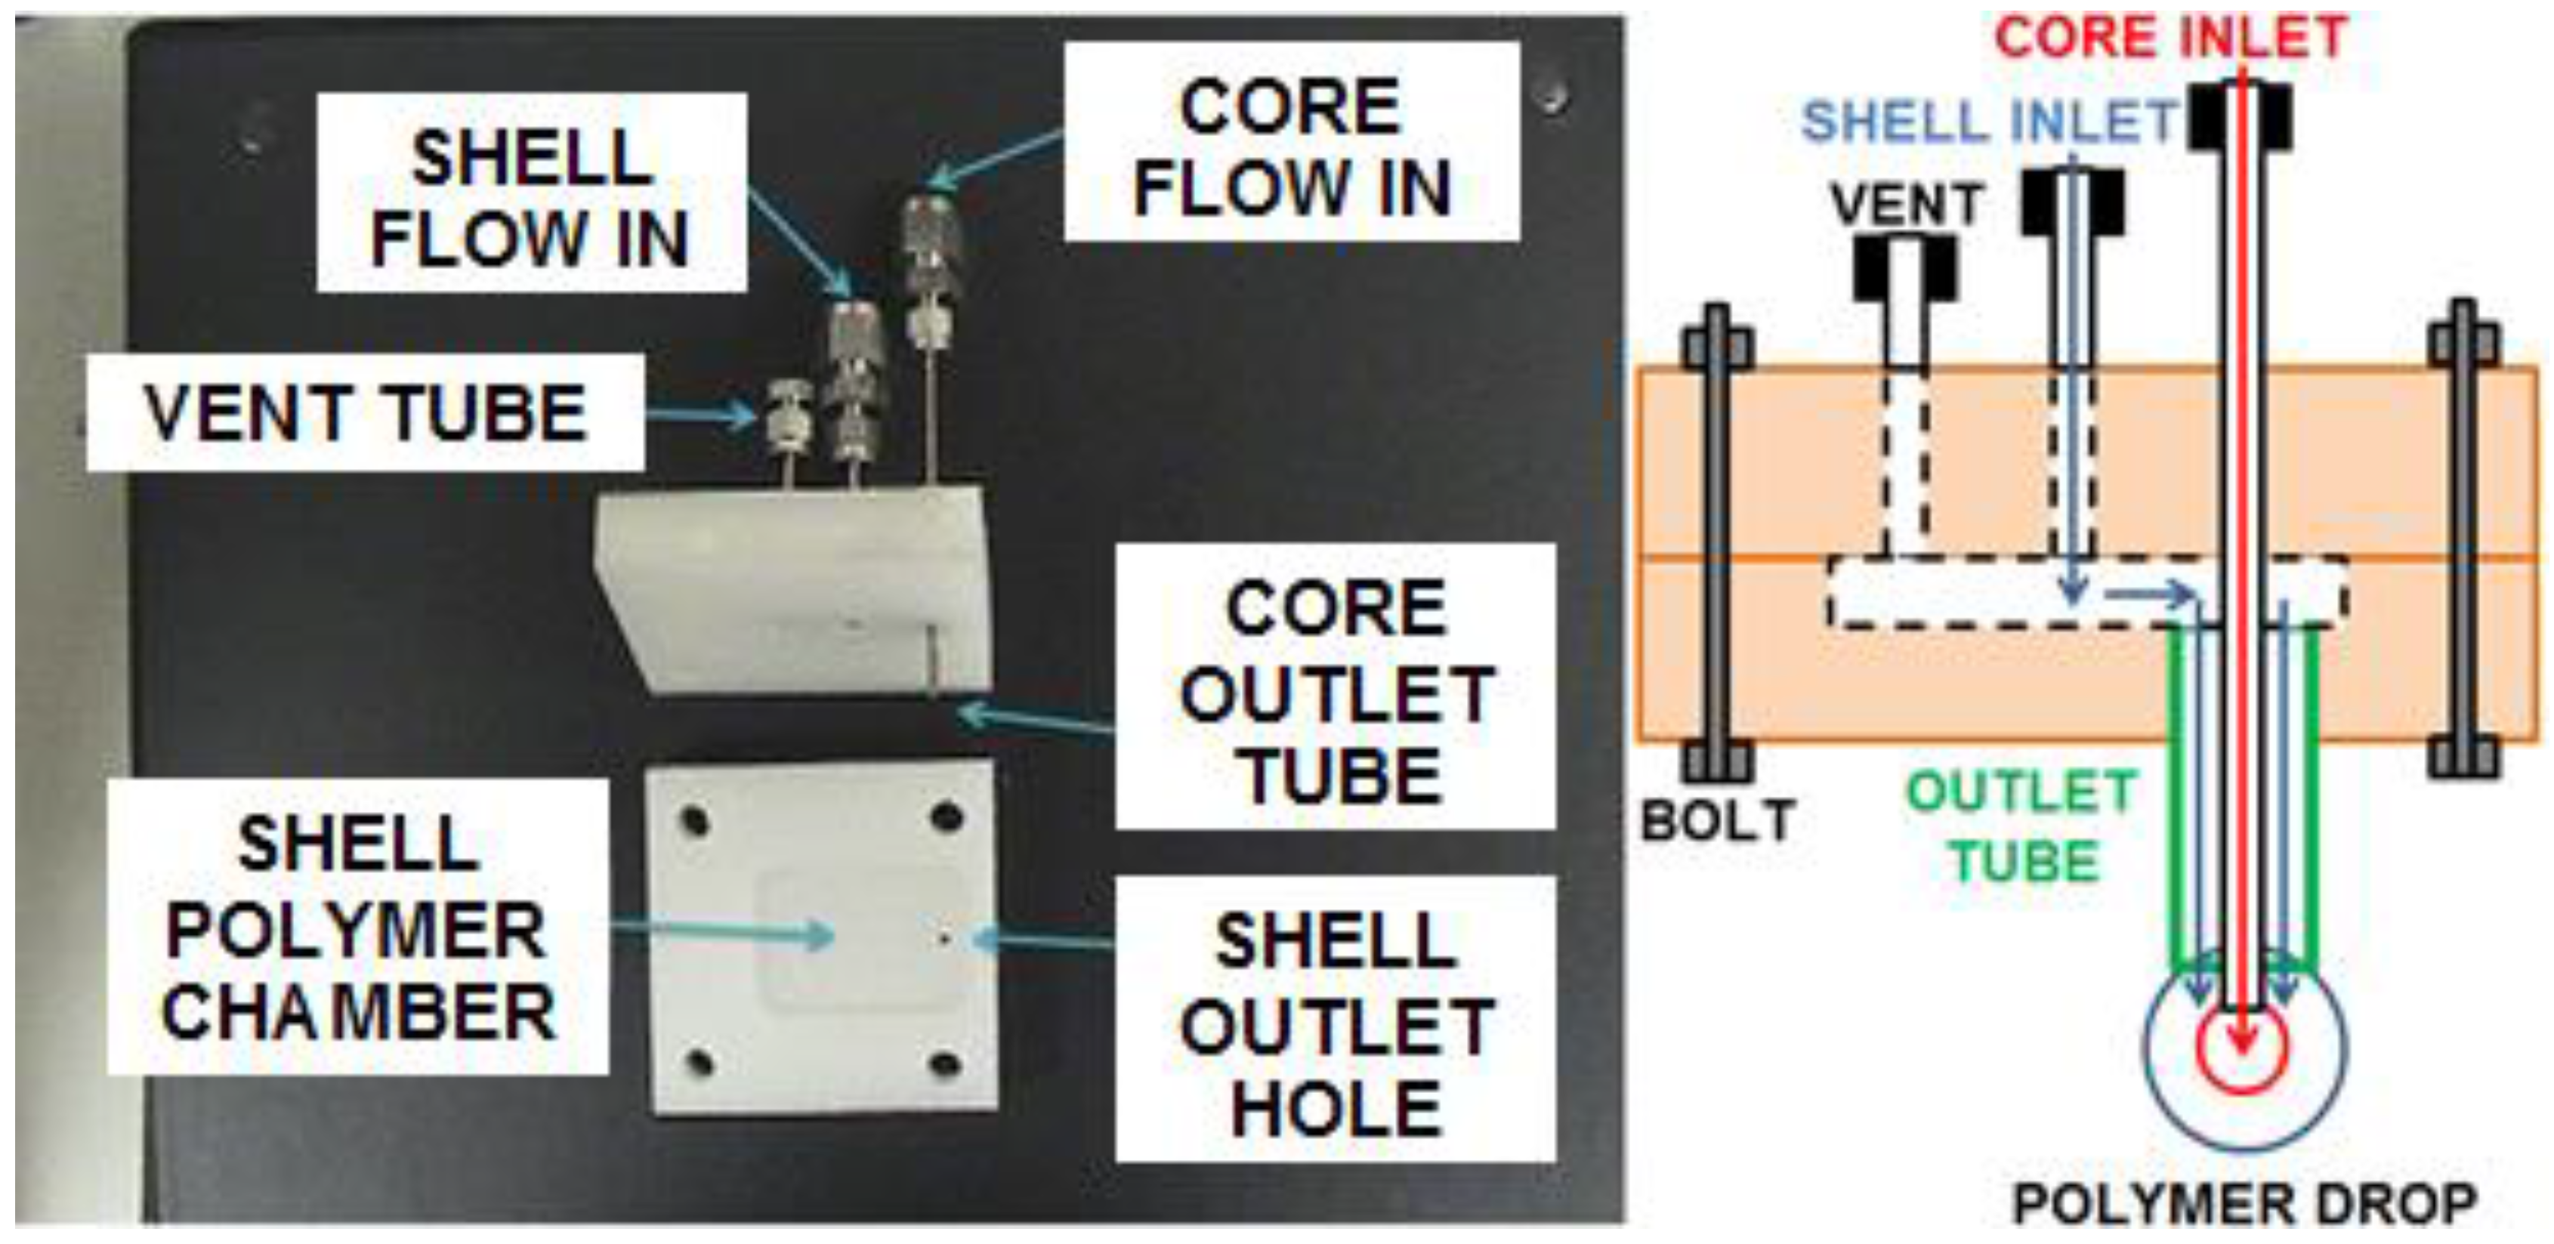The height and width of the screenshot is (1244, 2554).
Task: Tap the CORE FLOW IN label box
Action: pos(1291,142)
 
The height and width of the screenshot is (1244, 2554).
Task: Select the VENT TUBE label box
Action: pos(365,412)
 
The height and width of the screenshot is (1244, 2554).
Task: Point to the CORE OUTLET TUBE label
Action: pos(1335,686)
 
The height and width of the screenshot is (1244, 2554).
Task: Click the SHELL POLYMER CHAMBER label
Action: pos(357,926)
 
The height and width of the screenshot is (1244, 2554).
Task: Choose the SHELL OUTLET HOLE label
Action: pos(1335,1019)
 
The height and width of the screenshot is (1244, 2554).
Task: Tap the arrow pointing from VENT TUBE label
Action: pos(699,415)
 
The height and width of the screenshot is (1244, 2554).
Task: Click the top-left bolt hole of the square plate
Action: pos(694,822)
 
